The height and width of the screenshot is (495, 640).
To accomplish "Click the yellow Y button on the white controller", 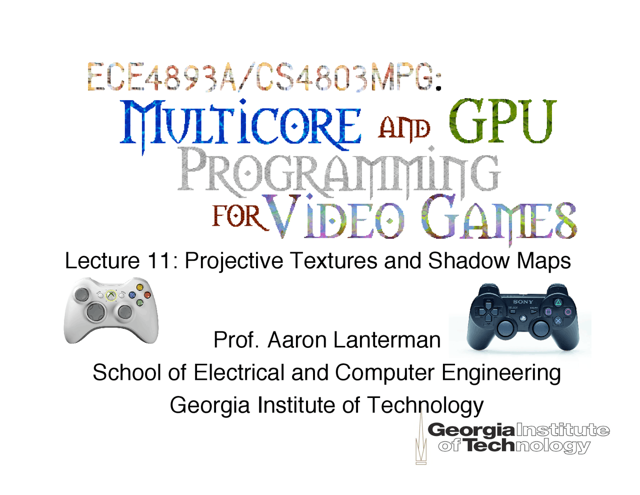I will [x=140, y=288].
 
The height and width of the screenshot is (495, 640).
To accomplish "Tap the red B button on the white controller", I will [x=147, y=295].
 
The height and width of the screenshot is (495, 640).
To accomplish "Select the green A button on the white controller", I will [x=140, y=302].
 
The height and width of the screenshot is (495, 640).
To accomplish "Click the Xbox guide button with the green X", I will [x=111, y=296].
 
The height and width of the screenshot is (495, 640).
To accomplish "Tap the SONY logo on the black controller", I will [x=523, y=302].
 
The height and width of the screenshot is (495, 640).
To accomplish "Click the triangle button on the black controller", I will [x=558, y=302].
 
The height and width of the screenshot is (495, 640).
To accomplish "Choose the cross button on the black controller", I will [x=558, y=321].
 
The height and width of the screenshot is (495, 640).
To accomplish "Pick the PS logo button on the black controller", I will [x=522, y=317].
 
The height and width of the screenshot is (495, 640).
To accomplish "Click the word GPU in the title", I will [x=502, y=122].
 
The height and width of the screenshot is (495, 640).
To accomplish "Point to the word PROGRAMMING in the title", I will [x=339, y=173].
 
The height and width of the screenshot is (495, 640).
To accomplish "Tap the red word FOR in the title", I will [x=237, y=216].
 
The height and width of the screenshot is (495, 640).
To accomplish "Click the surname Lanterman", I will [x=386, y=340].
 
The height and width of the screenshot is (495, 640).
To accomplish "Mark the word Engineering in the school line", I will [x=500, y=373].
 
